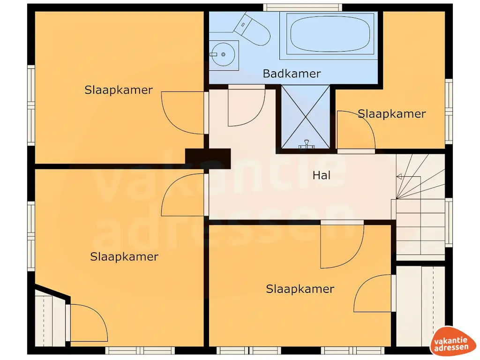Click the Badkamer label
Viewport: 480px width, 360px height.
click(292, 74)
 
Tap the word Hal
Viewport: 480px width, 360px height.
click(322, 175)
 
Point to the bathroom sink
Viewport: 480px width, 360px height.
click(224, 55)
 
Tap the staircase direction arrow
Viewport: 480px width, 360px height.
click(400, 177)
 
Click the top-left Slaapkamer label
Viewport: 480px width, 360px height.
click(119, 90)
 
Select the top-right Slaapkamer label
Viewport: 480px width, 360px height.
click(392, 114)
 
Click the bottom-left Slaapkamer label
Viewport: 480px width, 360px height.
click(124, 257)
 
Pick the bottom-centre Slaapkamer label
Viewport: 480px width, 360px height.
click(300, 289)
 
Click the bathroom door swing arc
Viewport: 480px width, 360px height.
click(246, 108)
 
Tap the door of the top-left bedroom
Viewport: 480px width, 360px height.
click(183, 112)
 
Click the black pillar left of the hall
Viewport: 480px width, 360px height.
click(208, 158)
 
